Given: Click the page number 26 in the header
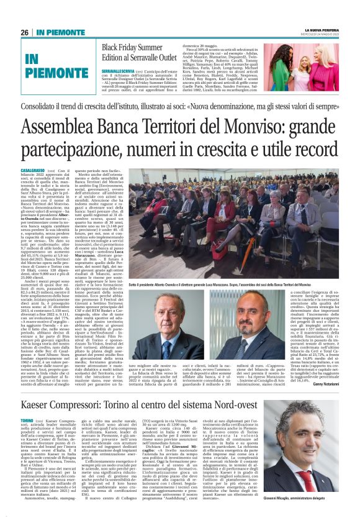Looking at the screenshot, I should coord(25,32).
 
